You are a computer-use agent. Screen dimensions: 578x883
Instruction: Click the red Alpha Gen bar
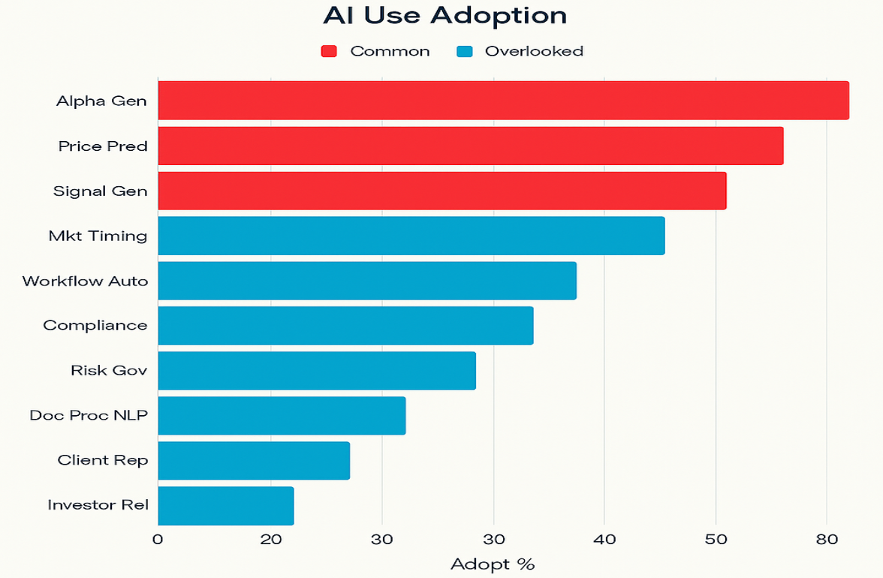[503, 101]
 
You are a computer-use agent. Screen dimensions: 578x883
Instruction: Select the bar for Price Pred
[470, 146]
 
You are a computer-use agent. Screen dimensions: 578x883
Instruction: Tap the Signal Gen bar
[441, 191]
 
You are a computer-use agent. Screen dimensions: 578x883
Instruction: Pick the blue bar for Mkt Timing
[411, 236]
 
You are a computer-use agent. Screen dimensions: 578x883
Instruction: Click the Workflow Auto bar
[366, 281]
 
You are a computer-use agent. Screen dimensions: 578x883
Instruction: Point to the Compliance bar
[345, 325]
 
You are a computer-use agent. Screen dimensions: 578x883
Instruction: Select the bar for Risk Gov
[316, 370]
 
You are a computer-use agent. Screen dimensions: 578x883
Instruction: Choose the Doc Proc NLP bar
[282, 415]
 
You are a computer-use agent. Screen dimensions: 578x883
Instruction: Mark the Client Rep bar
[254, 460]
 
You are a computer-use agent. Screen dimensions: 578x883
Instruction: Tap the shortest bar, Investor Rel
[225, 505]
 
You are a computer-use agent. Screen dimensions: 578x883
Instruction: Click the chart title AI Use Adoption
[445, 16]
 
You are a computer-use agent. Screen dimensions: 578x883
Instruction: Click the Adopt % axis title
[493, 564]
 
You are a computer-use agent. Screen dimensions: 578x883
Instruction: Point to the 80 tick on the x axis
[827, 539]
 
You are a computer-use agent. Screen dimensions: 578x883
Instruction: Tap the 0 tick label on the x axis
[158, 539]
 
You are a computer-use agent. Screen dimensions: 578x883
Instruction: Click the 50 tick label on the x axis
[716, 539]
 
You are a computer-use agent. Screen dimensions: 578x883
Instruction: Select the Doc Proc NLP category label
[89, 415]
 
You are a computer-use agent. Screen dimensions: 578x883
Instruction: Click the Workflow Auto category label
[85, 281]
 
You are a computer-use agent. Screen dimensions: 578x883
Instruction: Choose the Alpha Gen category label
[101, 101]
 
